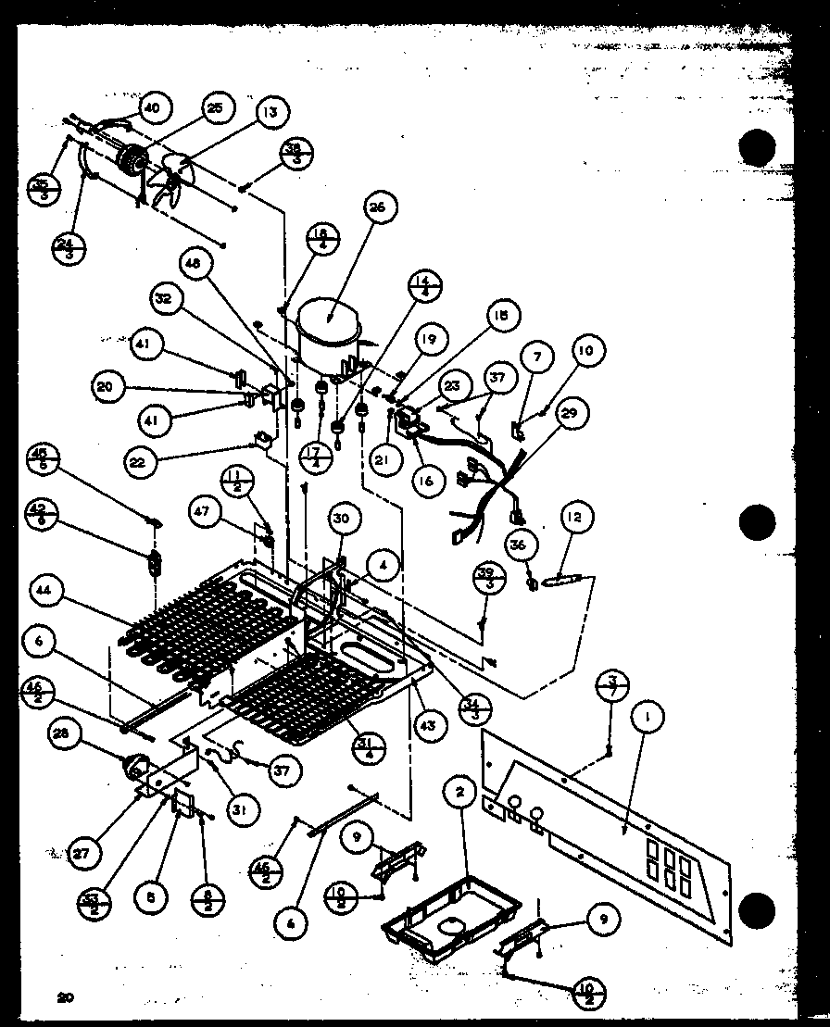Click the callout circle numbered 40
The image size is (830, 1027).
click(x=152, y=108)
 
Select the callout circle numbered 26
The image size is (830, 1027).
click(x=378, y=208)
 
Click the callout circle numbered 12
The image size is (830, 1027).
click(x=575, y=517)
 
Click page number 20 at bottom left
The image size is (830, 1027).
click(x=64, y=997)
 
